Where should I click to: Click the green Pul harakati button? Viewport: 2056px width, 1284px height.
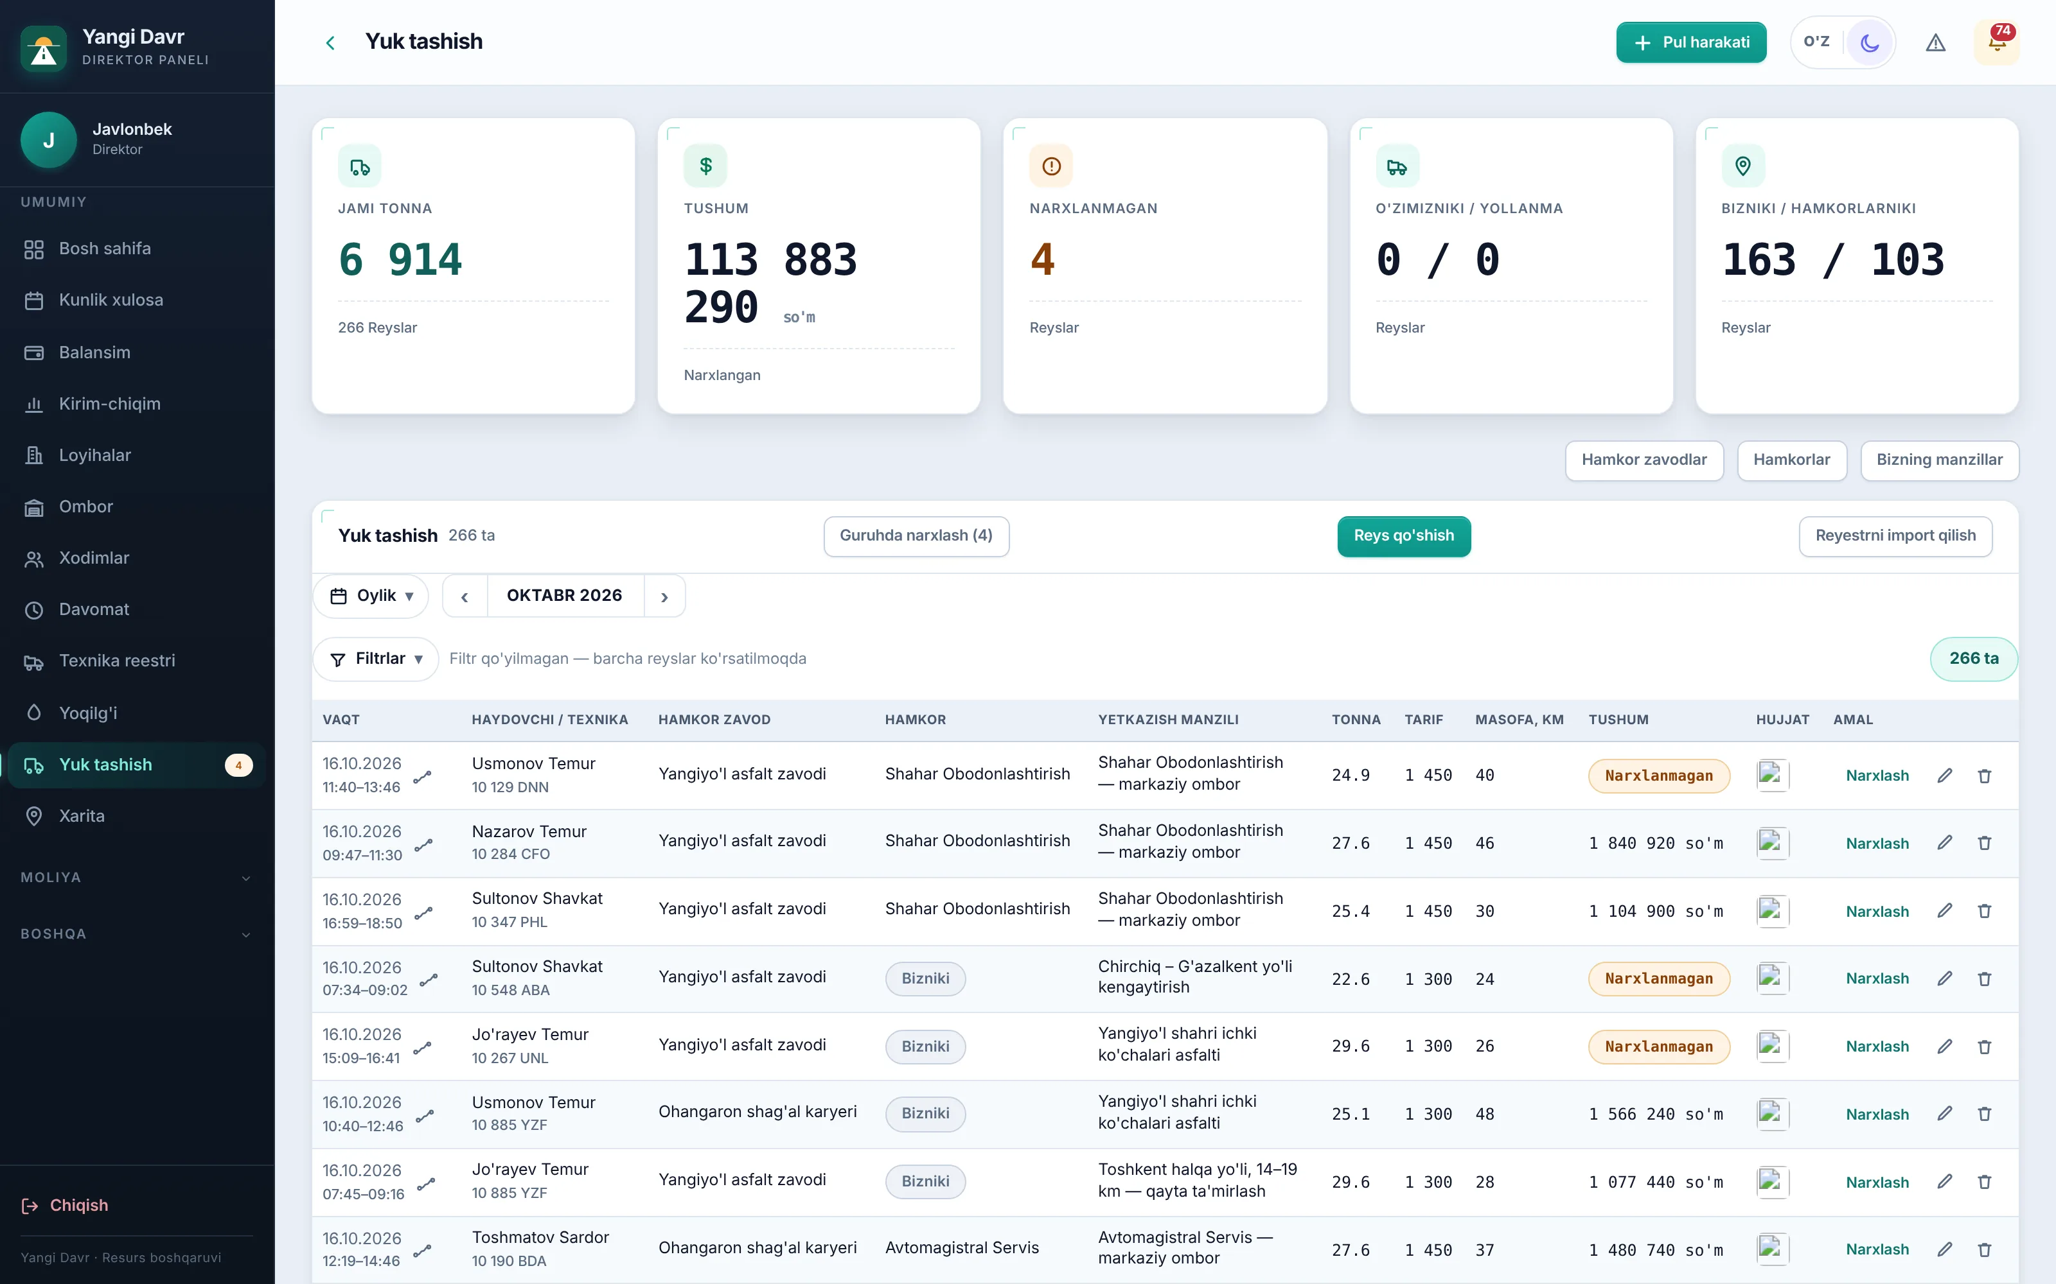pyautogui.click(x=1690, y=42)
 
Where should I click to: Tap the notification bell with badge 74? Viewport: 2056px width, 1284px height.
pyautogui.click(x=1996, y=42)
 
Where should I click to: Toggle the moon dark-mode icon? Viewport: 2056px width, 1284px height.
pyautogui.click(x=1869, y=42)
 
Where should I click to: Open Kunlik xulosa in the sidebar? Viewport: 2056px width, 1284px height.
pyautogui.click(x=111, y=300)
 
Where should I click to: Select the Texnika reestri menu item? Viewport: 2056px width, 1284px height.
pyautogui.click(x=116, y=661)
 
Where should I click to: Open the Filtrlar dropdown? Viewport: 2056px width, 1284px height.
pyautogui.click(x=377, y=659)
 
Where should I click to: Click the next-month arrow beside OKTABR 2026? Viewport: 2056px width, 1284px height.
pyautogui.click(x=664, y=597)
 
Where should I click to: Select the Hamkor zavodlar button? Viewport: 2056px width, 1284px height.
pyautogui.click(x=1644, y=460)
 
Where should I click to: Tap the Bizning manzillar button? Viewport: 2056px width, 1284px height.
pyautogui.click(x=1940, y=460)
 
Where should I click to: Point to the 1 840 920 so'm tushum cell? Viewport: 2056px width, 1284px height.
pyautogui.click(x=1656, y=843)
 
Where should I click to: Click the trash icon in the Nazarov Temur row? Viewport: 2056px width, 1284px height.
pyautogui.click(x=1985, y=843)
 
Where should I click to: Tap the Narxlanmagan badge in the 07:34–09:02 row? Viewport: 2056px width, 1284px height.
pyautogui.click(x=1658, y=978)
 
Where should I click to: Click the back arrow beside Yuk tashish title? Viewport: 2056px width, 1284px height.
pyautogui.click(x=330, y=42)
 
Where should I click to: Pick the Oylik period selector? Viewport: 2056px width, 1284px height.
pyautogui.click(x=371, y=596)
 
